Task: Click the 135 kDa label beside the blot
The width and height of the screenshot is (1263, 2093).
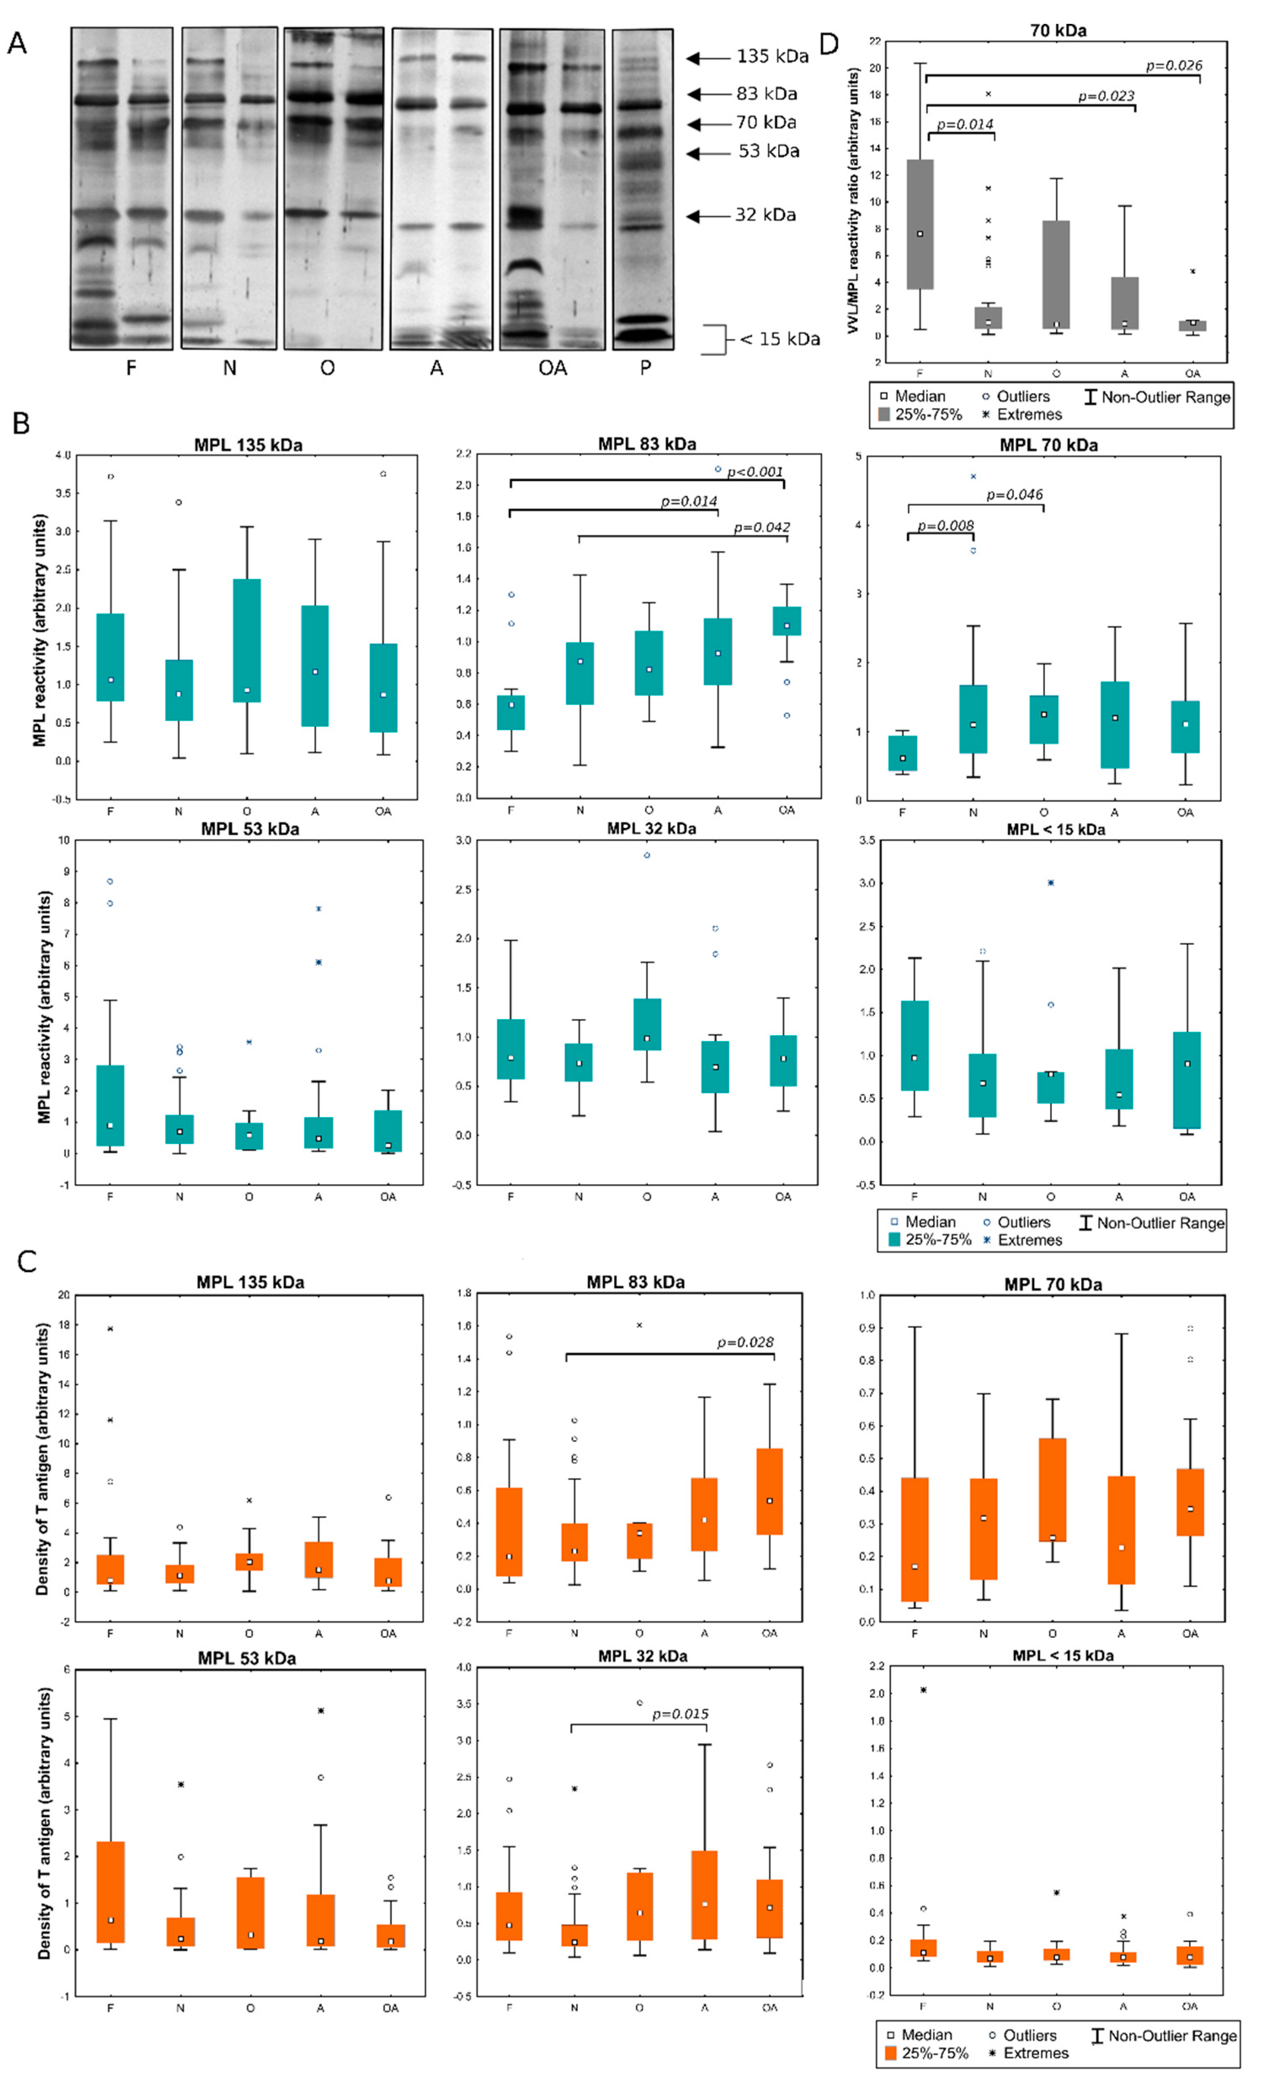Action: pyautogui.click(x=771, y=56)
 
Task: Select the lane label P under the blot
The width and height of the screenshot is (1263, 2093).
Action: pyautogui.click(x=646, y=368)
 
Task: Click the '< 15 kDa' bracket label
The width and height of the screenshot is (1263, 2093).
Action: pyautogui.click(x=779, y=339)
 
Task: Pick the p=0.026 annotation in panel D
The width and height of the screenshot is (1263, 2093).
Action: pyautogui.click(x=1173, y=65)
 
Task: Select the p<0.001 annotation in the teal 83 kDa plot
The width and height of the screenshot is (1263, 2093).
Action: pyautogui.click(x=754, y=471)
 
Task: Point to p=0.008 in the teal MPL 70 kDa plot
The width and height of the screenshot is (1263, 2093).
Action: pyautogui.click(x=944, y=526)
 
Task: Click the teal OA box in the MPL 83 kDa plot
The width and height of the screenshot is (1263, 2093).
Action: pyautogui.click(x=787, y=621)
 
